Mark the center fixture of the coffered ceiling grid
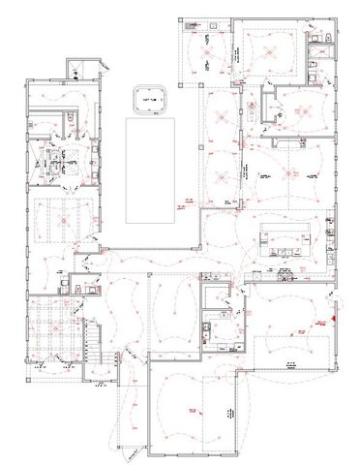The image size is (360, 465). click(x=50, y=329)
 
